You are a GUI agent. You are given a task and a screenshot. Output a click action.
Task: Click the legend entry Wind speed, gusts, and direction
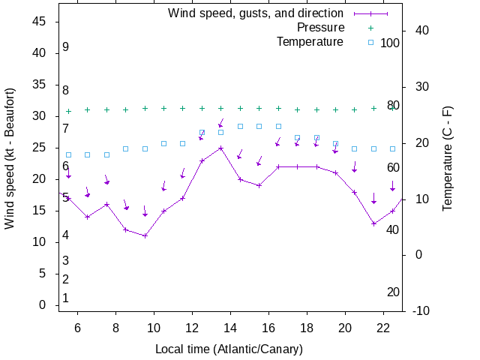(255, 13)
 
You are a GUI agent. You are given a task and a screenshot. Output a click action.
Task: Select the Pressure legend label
(320, 28)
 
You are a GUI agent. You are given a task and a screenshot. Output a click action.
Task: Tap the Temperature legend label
(310, 42)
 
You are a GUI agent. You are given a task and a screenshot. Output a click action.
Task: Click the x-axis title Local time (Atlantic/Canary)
(229, 349)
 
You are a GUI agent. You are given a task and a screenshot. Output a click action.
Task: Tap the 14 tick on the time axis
(230, 328)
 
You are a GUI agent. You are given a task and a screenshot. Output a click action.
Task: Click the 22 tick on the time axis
(382, 328)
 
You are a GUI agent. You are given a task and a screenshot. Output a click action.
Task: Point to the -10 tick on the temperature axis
(420, 311)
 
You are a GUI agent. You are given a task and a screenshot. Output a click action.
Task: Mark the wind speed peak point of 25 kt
(220, 148)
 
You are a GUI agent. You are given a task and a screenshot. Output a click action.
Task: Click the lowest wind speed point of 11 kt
(145, 235)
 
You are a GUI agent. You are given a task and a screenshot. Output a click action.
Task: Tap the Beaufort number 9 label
(66, 47)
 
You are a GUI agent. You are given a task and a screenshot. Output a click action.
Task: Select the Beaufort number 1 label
(66, 298)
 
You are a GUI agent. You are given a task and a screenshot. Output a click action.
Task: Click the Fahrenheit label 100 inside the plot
(390, 43)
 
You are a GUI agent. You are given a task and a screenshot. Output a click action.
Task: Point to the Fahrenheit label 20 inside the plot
(393, 292)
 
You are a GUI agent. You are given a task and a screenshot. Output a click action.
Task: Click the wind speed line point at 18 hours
(307, 166)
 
